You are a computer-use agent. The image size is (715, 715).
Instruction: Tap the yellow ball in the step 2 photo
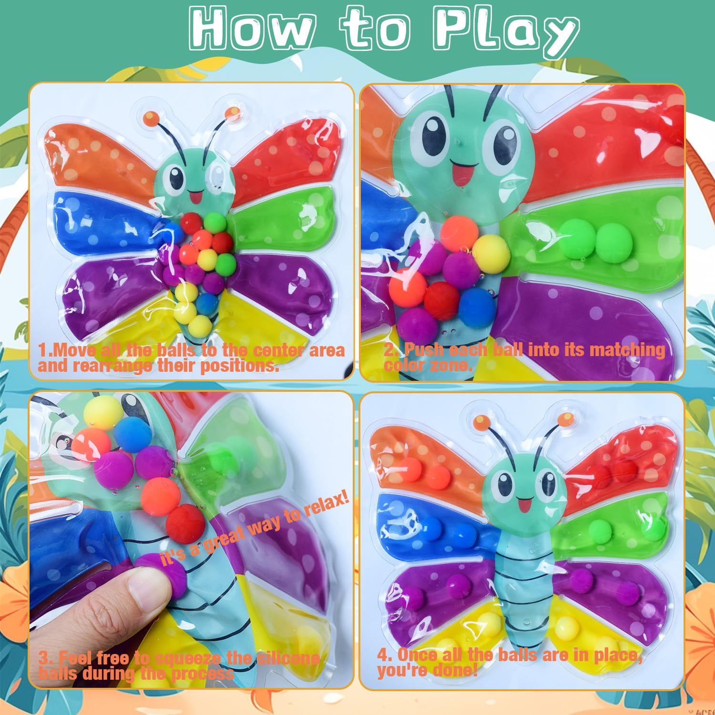(x=491, y=254)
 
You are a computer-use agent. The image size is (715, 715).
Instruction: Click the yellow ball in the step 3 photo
(x=103, y=413)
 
